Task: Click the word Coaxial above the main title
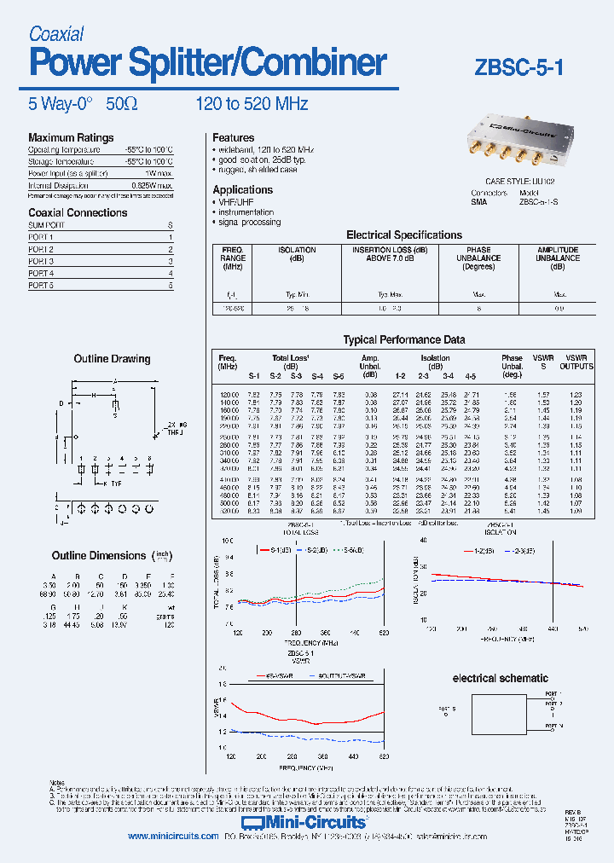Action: point(56,34)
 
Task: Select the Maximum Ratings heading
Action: point(71,137)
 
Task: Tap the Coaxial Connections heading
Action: point(78,212)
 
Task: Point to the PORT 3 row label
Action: point(41,261)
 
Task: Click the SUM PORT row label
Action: point(46,225)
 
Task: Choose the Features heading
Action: point(233,137)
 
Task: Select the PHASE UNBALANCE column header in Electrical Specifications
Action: point(478,258)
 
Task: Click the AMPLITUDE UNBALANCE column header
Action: point(558,258)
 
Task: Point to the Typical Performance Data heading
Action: point(404,339)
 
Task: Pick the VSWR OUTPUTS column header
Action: point(576,362)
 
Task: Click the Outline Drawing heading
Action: point(112,359)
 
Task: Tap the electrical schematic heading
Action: point(500,678)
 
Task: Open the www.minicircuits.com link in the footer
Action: point(174,837)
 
